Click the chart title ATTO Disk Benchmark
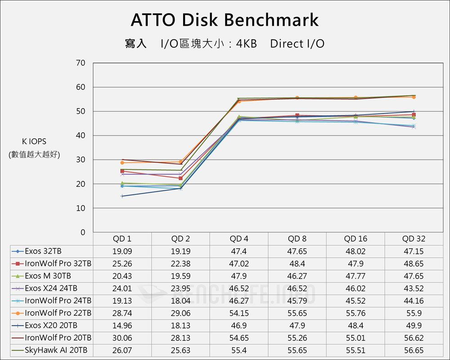pyautogui.click(x=225, y=20)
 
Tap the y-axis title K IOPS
pyautogui.click(x=34, y=141)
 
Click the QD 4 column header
pyautogui.click(x=239, y=239)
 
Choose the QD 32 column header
pyautogui.click(x=414, y=239)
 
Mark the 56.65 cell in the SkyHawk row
pyautogui.click(x=414, y=350)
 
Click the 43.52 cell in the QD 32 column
pyautogui.click(x=414, y=288)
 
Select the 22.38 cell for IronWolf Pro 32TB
pyautogui.click(x=180, y=264)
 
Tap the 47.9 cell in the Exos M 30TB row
pyautogui.click(x=239, y=276)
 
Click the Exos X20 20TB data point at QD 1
pyautogui.click(x=122, y=196)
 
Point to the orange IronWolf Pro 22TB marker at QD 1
pyautogui.click(x=122, y=163)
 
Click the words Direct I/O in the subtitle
pyautogui.click(x=297, y=44)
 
